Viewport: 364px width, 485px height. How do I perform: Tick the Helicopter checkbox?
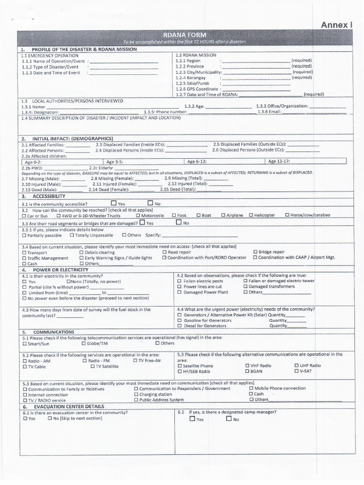(251, 216)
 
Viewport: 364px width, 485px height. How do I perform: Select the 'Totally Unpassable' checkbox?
(72, 235)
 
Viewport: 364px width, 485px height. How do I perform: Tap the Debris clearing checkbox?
(82, 252)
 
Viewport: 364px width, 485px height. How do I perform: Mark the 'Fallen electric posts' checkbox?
(179, 281)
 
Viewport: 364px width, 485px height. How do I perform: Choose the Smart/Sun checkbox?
(25, 343)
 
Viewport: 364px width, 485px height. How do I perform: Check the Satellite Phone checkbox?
(179, 366)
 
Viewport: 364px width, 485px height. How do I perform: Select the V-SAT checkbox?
(297, 371)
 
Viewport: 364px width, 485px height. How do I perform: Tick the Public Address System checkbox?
(136, 400)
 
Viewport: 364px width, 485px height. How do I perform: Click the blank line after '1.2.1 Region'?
(256, 61)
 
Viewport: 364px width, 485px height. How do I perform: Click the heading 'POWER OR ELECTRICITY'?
(60, 269)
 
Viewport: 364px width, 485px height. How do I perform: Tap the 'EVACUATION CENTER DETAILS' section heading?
(68, 406)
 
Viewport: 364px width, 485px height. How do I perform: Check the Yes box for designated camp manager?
(192, 419)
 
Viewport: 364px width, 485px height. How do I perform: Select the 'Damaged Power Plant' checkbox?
(179, 292)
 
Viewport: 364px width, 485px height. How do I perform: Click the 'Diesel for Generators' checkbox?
(179, 326)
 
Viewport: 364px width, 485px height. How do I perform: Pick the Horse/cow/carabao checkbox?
(287, 216)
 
